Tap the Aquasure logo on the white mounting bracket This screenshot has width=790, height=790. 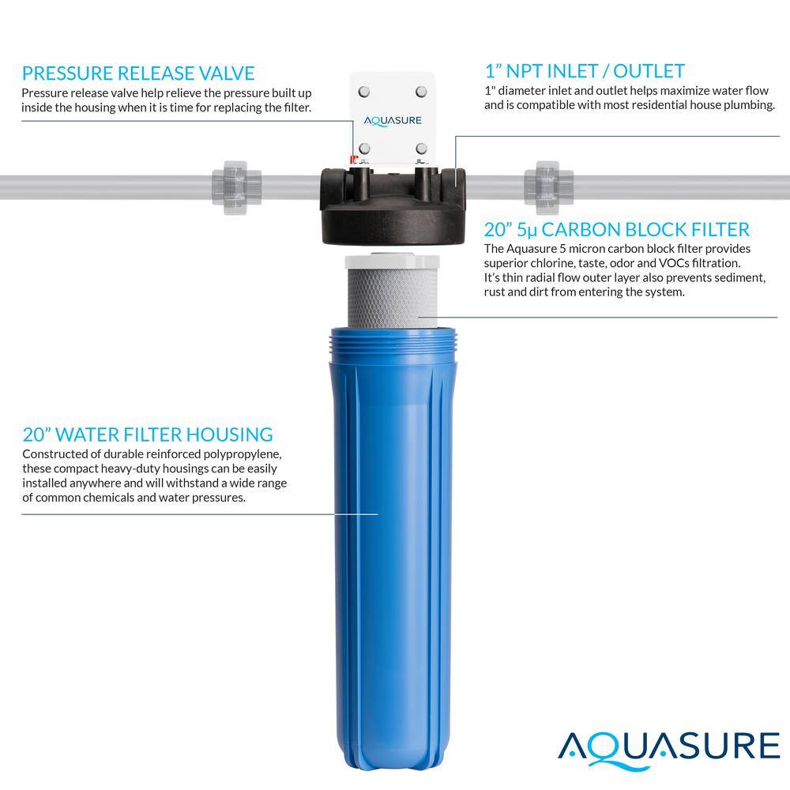point(392,121)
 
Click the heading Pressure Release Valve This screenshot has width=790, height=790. point(138,73)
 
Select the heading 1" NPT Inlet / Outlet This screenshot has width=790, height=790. point(584,71)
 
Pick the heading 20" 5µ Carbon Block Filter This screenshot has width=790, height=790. point(616,230)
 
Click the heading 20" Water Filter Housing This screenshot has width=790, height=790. point(148,434)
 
